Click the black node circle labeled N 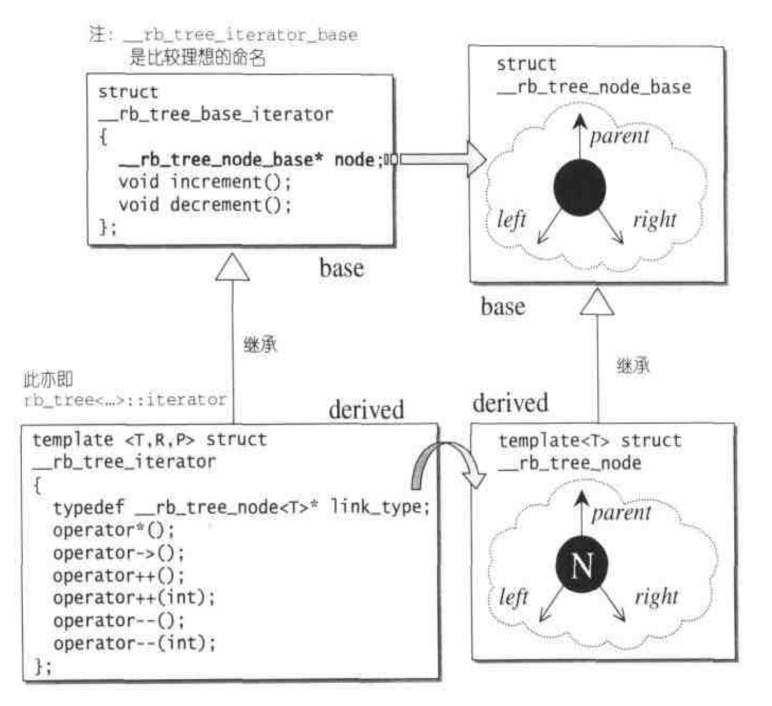(x=581, y=565)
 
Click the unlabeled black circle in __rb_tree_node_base (x=579, y=187)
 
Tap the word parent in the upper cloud (x=619, y=136)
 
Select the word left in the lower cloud (x=513, y=598)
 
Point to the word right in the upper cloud (x=655, y=220)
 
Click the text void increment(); (x=204, y=182)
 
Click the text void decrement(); (x=204, y=205)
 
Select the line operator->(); (x=119, y=553)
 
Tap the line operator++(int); (x=134, y=598)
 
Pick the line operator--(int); (x=134, y=643)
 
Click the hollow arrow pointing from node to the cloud (x=441, y=159)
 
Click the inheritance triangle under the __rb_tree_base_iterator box (x=232, y=269)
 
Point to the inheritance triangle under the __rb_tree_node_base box (x=597, y=302)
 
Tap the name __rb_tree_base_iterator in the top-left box (x=215, y=115)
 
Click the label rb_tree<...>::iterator (x=125, y=400)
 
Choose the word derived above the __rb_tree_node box (x=510, y=404)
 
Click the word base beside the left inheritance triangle (x=341, y=269)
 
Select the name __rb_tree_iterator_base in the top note (x=240, y=35)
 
